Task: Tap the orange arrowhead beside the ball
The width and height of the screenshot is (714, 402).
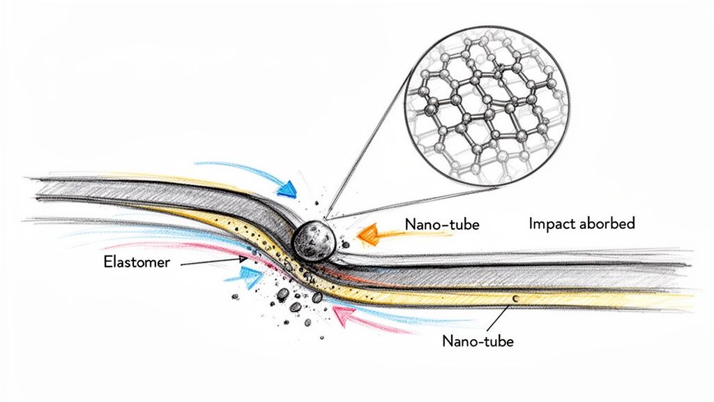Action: (367, 235)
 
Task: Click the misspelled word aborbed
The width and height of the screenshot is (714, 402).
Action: (609, 224)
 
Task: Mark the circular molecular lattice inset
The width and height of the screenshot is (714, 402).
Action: (486, 116)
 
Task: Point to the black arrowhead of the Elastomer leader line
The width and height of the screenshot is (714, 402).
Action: (242, 258)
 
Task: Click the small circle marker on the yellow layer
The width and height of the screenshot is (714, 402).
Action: (515, 298)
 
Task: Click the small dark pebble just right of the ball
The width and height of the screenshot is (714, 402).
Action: (342, 244)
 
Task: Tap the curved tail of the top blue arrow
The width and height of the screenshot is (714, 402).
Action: (223, 166)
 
